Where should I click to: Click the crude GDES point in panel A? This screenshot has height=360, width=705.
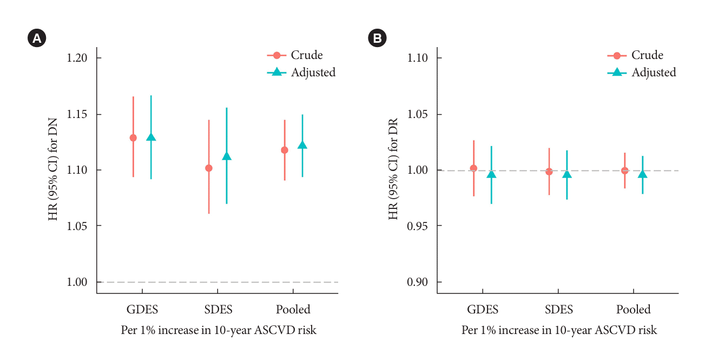(133, 138)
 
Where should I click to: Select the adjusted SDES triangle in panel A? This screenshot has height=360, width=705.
(227, 156)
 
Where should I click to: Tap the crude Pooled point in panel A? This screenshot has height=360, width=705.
(285, 150)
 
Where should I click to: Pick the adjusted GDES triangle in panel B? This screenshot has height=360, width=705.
(491, 174)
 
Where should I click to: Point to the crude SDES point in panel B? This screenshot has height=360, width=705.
(549, 172)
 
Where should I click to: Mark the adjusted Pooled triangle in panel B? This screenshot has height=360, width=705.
(643, 174)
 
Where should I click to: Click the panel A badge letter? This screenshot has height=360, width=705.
(37, 38)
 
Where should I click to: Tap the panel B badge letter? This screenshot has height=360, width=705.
(377, 38)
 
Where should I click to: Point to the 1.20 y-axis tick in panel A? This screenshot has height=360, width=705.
(78, 58)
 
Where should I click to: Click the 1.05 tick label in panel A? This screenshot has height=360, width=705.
(78, 226)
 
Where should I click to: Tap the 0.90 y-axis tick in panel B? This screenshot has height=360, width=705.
(418, 282)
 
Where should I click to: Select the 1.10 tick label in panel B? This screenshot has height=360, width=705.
(418, 58)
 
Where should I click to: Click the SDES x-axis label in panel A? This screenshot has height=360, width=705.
(218, 310)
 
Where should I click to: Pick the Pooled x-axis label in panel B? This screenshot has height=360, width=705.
(634, 310)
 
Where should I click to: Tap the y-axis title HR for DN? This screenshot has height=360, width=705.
(53, 169)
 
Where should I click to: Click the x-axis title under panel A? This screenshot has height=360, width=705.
(219, 330)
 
